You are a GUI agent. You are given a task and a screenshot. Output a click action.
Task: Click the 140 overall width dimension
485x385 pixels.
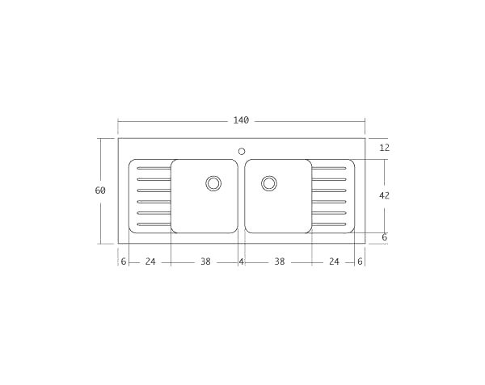click(241, 120)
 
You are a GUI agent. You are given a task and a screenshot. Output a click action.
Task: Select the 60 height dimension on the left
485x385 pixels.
click(100, 190)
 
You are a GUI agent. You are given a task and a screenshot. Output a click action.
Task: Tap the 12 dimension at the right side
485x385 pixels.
click(384, 148)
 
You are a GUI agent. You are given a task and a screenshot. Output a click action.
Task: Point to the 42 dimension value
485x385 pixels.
click(384, 195)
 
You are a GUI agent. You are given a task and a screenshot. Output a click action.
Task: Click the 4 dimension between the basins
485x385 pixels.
click(241, 262)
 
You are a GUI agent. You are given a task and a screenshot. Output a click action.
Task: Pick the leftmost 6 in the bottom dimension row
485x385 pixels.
click(123, 262)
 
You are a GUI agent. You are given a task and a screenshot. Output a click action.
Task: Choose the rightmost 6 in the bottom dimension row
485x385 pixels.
click(360, 262)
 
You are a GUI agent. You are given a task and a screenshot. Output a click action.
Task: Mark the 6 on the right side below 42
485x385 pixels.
click(384, 237)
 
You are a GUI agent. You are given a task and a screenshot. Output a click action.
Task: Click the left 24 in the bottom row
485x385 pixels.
click(150, 262)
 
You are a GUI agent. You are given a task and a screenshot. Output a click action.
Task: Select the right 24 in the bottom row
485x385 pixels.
click(333, 262)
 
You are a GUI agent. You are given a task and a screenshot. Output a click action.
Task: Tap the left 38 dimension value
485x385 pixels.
click(205, 262)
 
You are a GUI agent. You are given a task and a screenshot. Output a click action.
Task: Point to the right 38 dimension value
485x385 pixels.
click(279, 262)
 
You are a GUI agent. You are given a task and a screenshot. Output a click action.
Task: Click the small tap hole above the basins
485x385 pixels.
click(241, 150)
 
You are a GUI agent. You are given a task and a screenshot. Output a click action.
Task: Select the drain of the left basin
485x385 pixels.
click(213, 183)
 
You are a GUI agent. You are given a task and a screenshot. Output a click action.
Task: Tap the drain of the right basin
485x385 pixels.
click(269, 183)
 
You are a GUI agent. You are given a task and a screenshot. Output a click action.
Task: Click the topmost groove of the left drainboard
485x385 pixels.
click(154, 168)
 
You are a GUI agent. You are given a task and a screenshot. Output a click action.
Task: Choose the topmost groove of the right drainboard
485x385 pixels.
click(329, 168)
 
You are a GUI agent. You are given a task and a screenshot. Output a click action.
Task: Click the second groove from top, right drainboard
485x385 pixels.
click(329, 179)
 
